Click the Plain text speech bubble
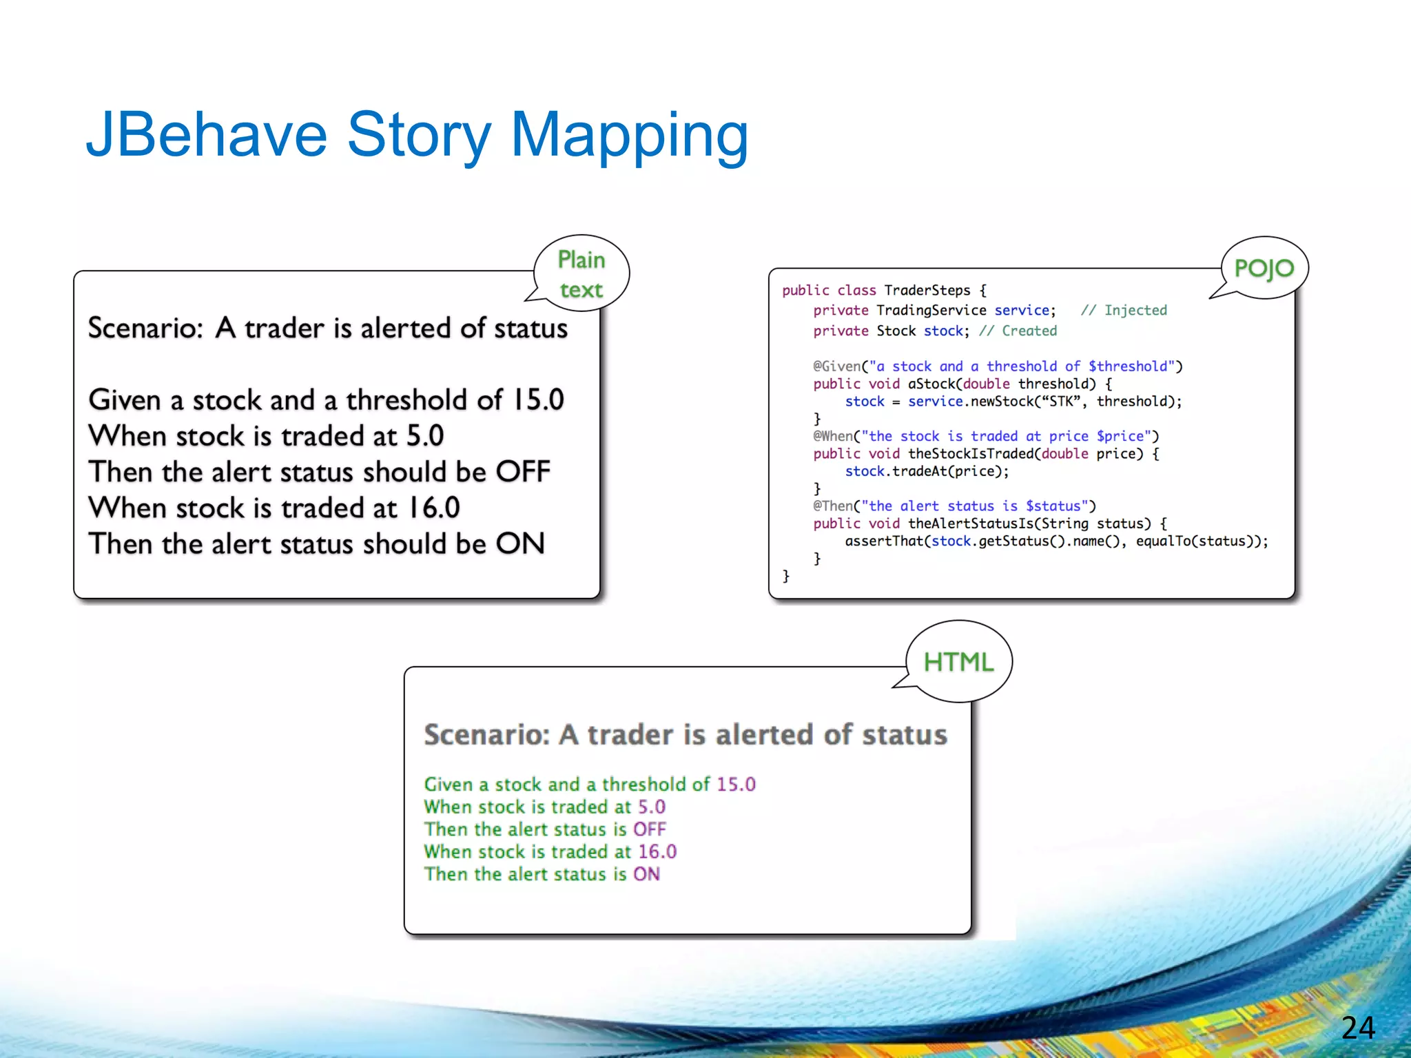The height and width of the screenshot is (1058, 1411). coord(581,274)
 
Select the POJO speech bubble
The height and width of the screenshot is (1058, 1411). coord(1264,268)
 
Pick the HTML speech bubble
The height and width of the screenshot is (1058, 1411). coord(958,662)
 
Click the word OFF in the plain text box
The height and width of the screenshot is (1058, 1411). coord(523,472)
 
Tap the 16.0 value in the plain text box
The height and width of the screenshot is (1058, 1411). coord(433,508)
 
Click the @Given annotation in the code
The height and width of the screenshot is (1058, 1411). coord(836,366)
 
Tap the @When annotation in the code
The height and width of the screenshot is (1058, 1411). coord(832,436)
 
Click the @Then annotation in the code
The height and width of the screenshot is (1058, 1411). coord(832,506)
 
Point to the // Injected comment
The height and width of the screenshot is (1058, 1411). coord(1124,310)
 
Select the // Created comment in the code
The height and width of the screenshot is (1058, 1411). coord(1018,331)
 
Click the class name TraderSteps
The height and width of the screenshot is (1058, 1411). coord(927,290)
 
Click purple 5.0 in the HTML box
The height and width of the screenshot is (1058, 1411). coord(651,807)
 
